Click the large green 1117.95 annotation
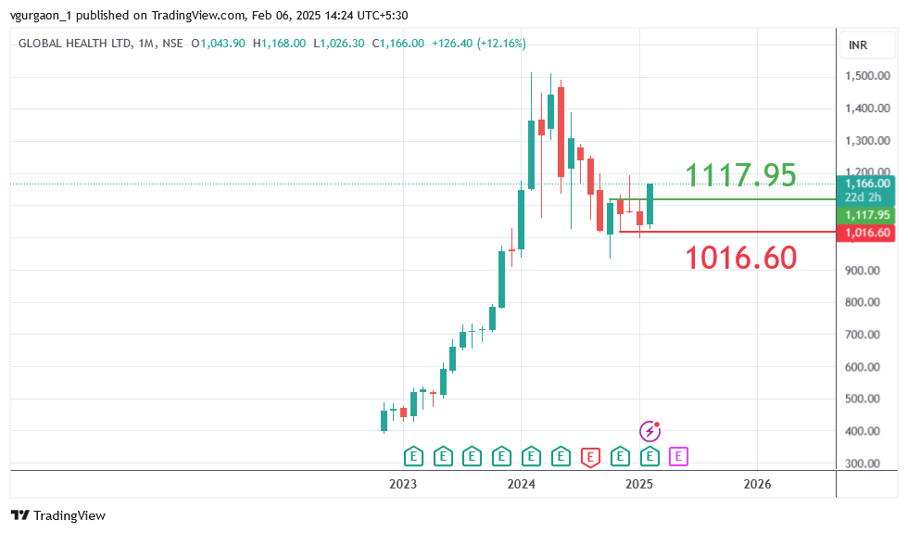tap(740, 174)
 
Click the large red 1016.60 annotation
tap(740, 257)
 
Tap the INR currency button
tap(858, 45)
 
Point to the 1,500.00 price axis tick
tap(867, 76)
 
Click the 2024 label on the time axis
tap(522, 484)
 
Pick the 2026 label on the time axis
tap(757, 484)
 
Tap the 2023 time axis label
tap(403, 484)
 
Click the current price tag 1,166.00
tap(867, 184)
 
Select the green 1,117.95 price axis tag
tap(867, 215)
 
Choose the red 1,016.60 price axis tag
tap(867, 233)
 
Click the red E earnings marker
tap(590, 456)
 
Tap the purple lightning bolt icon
tap(650, 431)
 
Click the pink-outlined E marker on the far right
tap(679, 456)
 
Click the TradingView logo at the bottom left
tap(58, 515)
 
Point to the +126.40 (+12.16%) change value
tap(479, 44)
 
